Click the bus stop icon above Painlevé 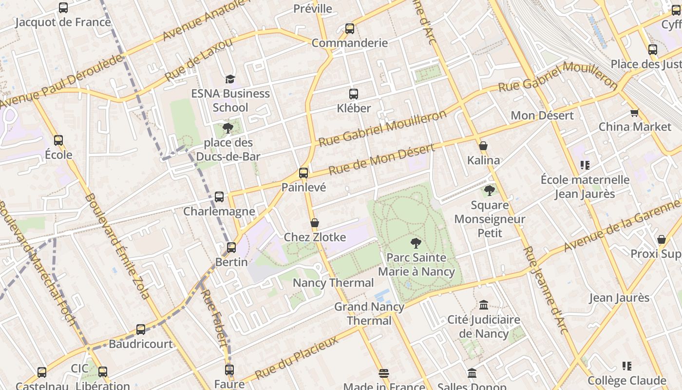pos(303,173)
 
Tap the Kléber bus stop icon pos(354,94)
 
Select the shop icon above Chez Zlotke pos(315,223)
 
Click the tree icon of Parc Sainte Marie pos(416,243)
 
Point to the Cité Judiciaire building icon pos(484,305)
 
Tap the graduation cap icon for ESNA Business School pos(230,79)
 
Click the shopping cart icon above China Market pos(634,113)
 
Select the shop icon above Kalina pos(483,146)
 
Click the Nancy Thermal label pos(333,283)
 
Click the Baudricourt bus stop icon pos(141,330)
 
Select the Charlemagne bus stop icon pos(219,197)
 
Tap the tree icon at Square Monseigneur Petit pos(490,191)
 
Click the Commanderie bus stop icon pos(350,29)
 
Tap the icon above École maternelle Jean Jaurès pos(585,165)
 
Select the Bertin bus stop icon pos(231,248)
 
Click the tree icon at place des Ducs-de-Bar pos(227,128)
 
